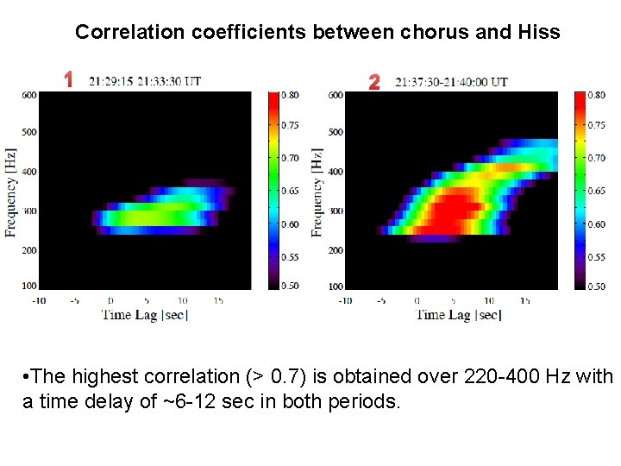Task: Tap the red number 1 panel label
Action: click(x=67, y=80)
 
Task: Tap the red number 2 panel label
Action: click(x=373, y=83)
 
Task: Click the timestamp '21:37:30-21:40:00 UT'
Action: click(x=451, y=83)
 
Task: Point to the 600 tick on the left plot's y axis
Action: click(x=29, y=95)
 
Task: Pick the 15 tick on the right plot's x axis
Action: click(x=525, y=300)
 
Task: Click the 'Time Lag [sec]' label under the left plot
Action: click(x=145, y=314)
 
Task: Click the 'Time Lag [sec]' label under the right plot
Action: click(x=458, y=315)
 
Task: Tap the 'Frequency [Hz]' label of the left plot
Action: click(x=11, y=192)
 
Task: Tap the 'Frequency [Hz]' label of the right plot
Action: click(x=317, y=192)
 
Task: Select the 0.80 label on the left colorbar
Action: click(x=290, y=94)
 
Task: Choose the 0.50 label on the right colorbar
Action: click(x=596, y=287)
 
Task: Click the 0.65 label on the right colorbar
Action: click(x=596, y=191)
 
